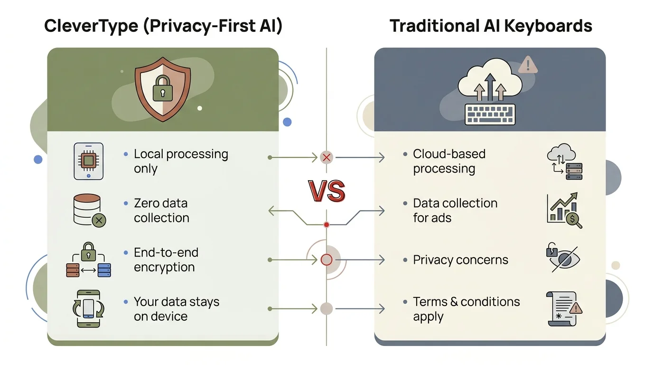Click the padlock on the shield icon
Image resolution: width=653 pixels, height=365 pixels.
pos(163,89)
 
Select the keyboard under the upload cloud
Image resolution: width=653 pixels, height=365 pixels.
pos(490,114)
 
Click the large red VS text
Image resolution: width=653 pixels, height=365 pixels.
pos(326,191)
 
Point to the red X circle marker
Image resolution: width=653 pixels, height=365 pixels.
pos(326,157)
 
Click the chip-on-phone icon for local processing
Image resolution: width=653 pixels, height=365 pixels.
pos(88,162)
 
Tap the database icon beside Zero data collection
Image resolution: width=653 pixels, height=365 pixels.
pos(89,210)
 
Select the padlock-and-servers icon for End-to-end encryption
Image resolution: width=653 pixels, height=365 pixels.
pos(88,260)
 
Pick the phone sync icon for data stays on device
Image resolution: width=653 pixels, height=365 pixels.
pos(88,308)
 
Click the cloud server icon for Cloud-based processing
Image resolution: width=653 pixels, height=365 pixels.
pos(564,163)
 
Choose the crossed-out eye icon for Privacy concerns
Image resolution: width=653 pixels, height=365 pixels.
pos(563,259)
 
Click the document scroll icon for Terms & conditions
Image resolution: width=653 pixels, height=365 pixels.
pos(564,309)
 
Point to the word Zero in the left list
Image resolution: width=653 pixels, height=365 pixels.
pos(147,203)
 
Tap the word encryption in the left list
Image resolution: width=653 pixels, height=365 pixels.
pos(164,268)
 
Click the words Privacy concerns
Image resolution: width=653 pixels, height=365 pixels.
pos(460,260)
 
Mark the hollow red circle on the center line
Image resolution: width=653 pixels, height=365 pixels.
pos(326,259)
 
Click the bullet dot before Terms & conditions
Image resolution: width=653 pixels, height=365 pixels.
pos(405,302)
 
